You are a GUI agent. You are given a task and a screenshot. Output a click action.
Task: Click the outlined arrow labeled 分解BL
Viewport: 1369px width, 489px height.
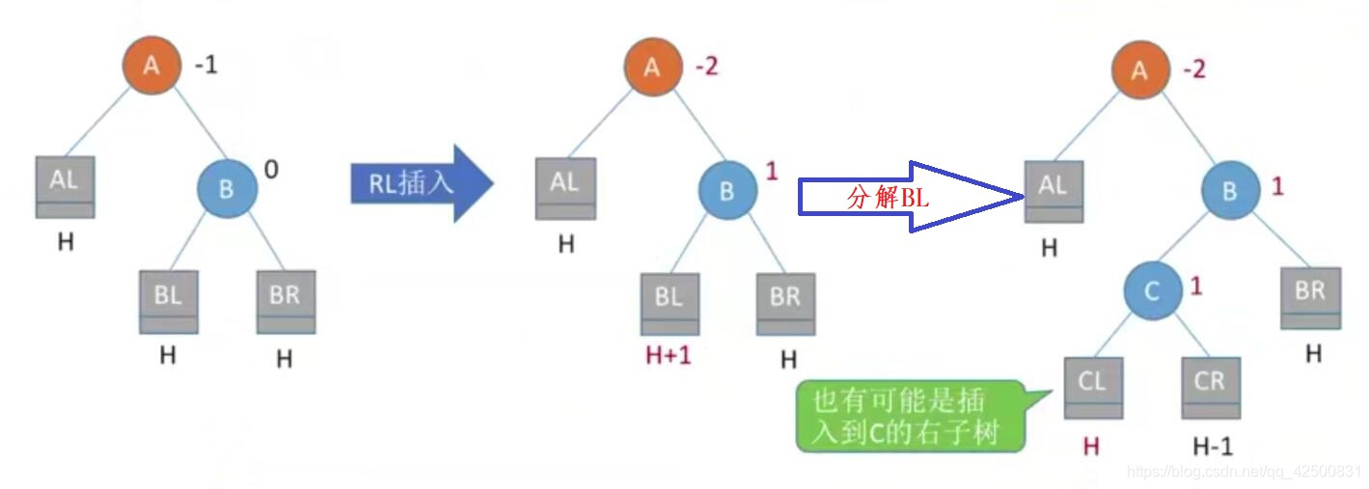click(x=907, y=197)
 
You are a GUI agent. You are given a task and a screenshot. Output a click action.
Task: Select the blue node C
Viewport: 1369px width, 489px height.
click(x=1152, y=290)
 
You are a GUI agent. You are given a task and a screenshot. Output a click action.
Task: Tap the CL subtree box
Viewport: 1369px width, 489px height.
click(x=1092, y=387)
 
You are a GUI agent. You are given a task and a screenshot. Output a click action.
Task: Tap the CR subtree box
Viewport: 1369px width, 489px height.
click(x=1210, y=387)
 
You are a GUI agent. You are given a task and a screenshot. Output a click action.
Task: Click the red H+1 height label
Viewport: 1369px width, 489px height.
click(x=670, y=356)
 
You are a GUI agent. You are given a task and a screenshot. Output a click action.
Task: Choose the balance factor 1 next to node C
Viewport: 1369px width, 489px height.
click(x=1196, y=286)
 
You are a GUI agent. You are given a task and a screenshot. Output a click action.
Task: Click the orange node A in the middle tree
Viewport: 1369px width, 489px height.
click(x=652, y=68)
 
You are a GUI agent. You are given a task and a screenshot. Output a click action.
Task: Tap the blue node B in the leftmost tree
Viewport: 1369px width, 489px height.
click(x=227, y=189)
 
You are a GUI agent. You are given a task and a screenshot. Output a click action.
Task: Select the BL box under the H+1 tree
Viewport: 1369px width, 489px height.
click(x=670, y=303)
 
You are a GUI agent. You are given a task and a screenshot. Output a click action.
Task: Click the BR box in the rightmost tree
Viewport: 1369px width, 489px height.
click(x=1310, y=297)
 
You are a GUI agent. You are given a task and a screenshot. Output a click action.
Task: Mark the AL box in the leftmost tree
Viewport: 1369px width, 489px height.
click(x=65, y=187)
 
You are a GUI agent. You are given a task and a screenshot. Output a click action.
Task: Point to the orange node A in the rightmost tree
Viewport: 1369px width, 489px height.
click(x=1140, y=69)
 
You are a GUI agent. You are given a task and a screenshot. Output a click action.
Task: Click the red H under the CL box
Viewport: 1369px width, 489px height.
click(x=1091, y=446)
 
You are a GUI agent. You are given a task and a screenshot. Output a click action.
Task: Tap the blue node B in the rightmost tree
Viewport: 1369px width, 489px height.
click(x=1229, y=191)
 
